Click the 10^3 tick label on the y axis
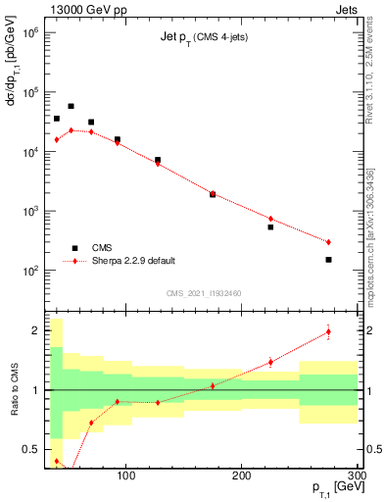pos(26,211)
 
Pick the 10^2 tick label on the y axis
pos(26,271)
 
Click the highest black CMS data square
pos(71,106)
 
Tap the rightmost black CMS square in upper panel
pos(328,260)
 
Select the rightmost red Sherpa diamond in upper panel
pos(328,242)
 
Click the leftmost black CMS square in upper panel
pos(57,119)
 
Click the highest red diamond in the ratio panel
pos(328,331)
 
